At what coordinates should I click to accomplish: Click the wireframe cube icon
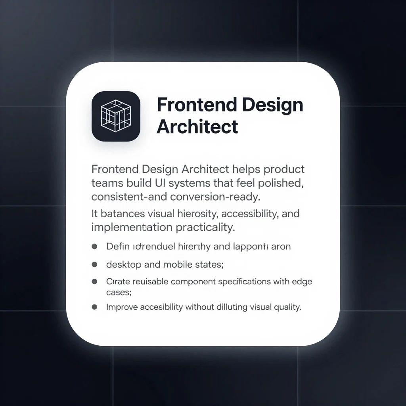(x=116, y=116)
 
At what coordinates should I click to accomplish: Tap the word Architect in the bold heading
(x=197, y=127)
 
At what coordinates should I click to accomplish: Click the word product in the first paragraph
(x=285, y=169)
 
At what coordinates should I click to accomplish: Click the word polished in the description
(x=279, y=183)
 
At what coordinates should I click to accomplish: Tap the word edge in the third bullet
(x=303, y=282)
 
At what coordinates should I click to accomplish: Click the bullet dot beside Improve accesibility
(x=94, y=306)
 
